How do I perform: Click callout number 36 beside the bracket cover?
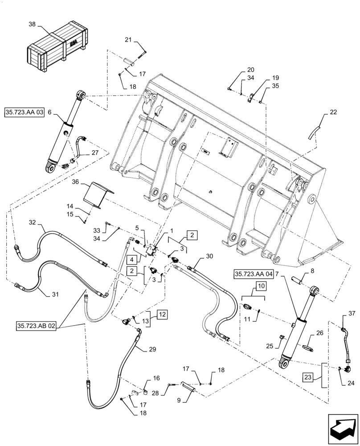(75, 182)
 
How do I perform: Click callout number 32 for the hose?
(32, 222)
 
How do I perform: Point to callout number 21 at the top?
(128, 41)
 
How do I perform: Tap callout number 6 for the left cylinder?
(50, 113)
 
